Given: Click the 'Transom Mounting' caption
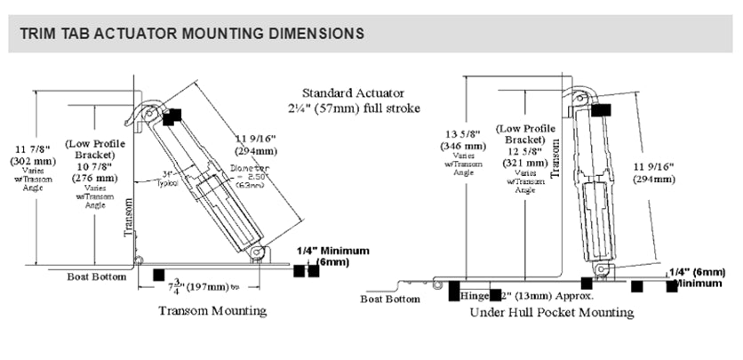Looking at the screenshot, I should [x=212, y=311].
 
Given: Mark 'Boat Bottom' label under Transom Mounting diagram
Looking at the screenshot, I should [x=94, y=276].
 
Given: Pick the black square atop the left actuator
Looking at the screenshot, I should [x=171, y=116].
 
